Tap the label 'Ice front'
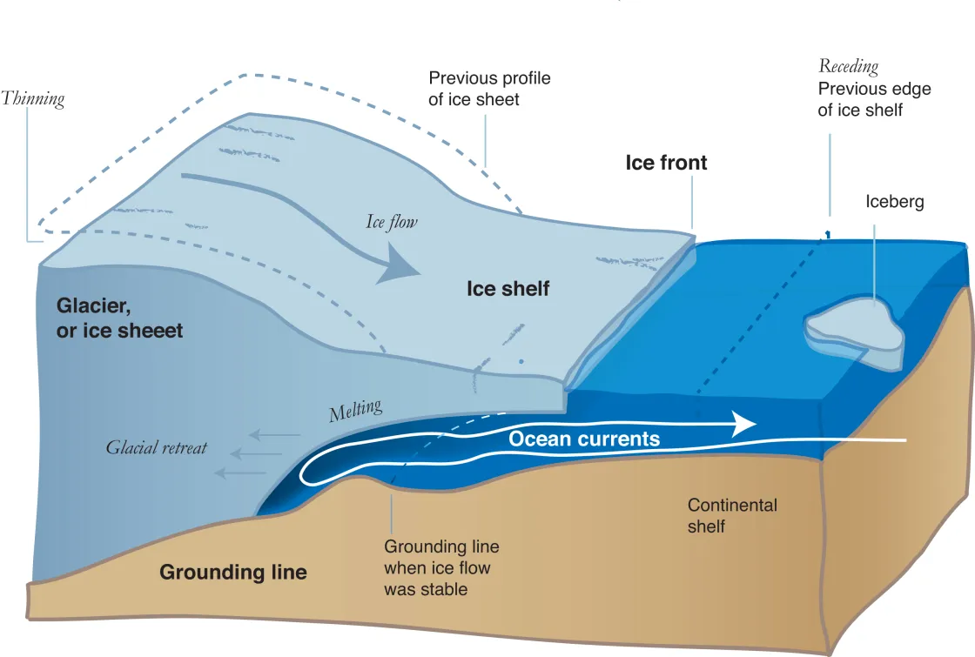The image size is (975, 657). pos(666,163)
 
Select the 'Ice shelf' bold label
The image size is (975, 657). pos(508,289)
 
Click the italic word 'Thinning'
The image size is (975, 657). pos(33,98)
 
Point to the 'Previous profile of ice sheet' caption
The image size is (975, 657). pos(489,89)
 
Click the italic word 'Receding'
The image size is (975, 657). pos(848,67)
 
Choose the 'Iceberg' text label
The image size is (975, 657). pos(894,202)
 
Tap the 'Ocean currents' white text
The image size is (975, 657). pos(584,439)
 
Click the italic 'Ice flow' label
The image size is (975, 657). pos(391,223)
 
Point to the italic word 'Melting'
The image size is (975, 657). pos(355,411)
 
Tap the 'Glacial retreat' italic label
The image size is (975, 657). pos(157,447)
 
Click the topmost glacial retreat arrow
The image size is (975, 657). pos(277,434)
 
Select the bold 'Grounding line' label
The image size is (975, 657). pos(232,573)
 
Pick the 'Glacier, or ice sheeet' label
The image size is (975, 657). pos(120,318)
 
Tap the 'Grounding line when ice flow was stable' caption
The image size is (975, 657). pos(440,568)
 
